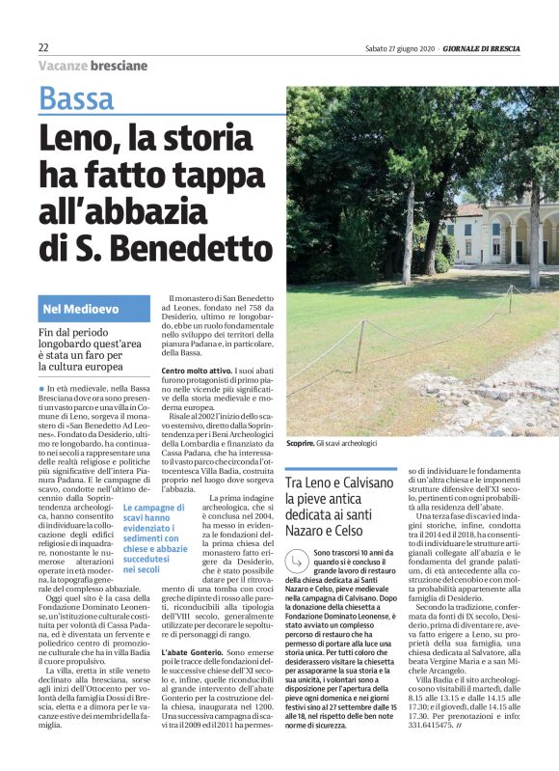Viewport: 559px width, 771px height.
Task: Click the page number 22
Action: (x=43, y=47)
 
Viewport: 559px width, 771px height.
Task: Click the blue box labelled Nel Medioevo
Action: (x=93, y=310)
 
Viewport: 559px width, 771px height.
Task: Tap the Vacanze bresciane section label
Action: (x=93, y=66)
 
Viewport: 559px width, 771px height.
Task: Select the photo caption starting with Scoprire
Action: (x=332, y=442)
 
